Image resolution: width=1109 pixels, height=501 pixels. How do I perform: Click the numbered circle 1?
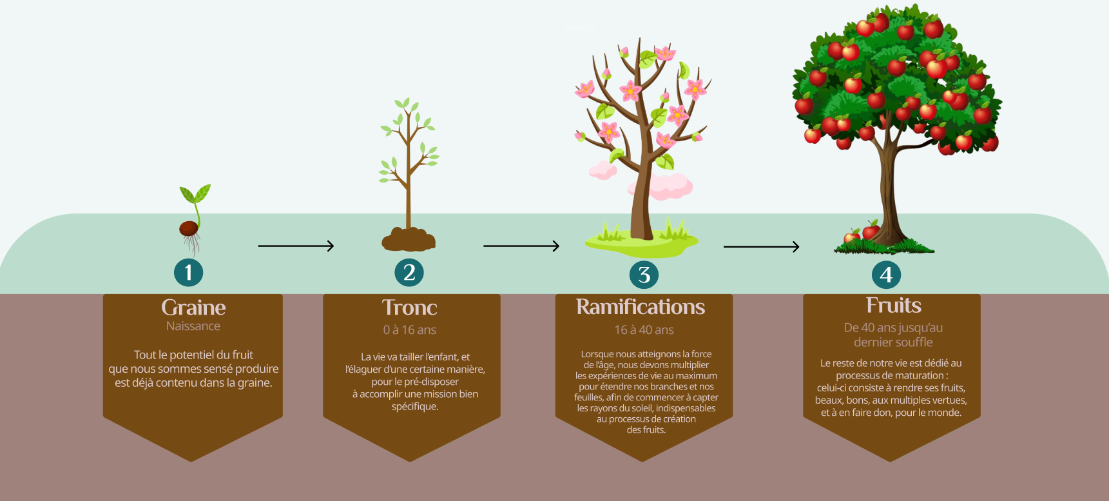[188, 272]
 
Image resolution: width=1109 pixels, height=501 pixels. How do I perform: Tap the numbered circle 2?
[409, 272]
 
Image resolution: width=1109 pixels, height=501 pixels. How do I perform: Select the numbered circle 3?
[644, 275]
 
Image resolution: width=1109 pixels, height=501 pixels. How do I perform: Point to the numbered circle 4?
[886, 275]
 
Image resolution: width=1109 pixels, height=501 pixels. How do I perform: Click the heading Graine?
[193, 307]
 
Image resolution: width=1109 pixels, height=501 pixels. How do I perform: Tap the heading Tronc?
[410, 308]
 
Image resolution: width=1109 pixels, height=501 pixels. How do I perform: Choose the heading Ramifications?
[641, 307]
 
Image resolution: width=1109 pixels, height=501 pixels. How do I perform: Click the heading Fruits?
[893, 305]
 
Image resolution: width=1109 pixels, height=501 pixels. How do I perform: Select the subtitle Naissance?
[193, 326]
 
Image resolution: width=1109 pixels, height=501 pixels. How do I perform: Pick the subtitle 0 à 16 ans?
[410, 330]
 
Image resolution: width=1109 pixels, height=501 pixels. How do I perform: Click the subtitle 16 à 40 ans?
[644, 330]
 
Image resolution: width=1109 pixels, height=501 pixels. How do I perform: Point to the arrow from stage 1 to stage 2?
[296, 246]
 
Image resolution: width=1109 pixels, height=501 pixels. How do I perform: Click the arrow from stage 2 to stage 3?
[521, 246]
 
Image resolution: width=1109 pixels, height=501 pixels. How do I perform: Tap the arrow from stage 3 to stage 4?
[761, 246]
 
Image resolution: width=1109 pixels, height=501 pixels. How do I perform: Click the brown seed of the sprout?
[188, 228]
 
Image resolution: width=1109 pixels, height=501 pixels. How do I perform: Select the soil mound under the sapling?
[409, 239]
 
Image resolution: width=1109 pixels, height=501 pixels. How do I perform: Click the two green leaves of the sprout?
[195, 193]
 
